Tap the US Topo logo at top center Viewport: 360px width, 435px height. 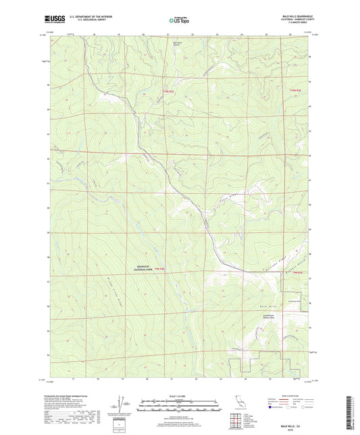(x=179, y=20)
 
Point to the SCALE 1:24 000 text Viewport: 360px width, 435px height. (x=179, y=394)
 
